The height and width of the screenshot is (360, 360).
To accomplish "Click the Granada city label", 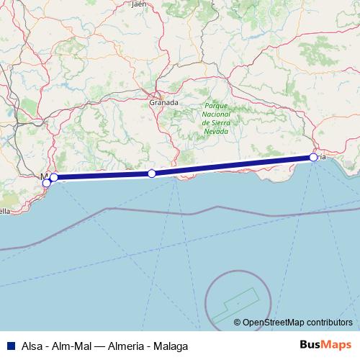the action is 163,103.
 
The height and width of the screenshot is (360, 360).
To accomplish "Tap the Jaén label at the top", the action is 139,4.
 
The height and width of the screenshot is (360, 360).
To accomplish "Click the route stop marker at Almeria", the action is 313,157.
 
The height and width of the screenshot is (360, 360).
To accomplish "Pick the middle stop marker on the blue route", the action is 151,174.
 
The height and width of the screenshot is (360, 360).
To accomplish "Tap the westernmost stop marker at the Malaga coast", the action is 47,183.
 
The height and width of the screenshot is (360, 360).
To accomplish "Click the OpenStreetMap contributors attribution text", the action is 297,322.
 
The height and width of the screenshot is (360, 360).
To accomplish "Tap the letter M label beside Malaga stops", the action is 44,176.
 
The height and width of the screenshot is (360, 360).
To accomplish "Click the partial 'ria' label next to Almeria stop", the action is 323,157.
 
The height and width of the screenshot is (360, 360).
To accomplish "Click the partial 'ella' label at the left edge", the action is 4,212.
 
